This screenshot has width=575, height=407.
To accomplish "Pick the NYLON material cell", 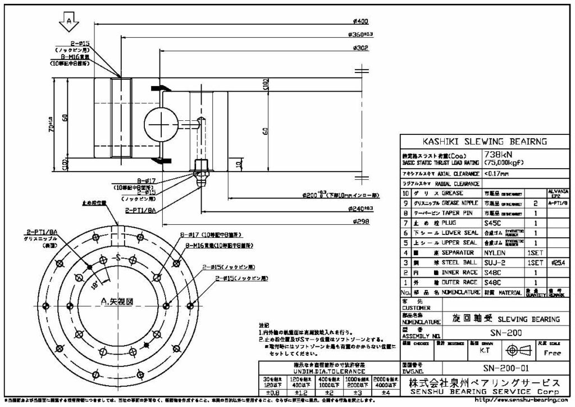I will click(x=495, y=253).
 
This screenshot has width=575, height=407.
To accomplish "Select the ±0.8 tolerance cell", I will click(x=268, y=392).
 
